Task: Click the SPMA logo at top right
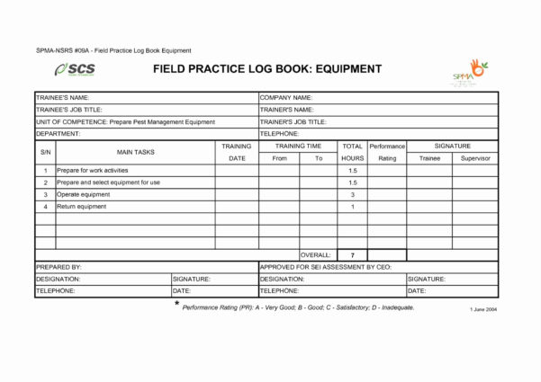(470, 72)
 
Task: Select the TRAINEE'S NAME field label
(62, 97)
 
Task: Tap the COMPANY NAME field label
(286, 97)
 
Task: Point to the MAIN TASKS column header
(135, 152)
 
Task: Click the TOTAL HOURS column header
(352, 152)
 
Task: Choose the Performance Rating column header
(387, 152)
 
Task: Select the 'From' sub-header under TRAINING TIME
(279, 158)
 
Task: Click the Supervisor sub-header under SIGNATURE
(474, 158)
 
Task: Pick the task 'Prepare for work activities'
(93, 170)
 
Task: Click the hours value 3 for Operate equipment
(352, 194)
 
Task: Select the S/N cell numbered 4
(45, 207)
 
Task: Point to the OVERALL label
(315, 255)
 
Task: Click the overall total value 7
(352, 255)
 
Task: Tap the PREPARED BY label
(59, 267)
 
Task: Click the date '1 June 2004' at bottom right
(483, 308)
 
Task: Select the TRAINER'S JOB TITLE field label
(293, 121)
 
